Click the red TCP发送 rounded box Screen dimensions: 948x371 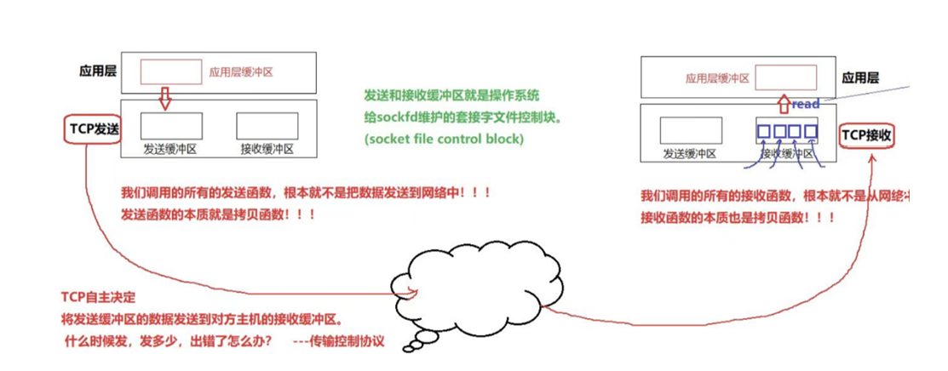click(x=92, y=129)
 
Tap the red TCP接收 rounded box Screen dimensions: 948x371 click(x=866, y=135)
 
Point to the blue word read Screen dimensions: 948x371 click(x=806, y=104)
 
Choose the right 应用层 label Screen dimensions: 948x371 click(x=860, y=77)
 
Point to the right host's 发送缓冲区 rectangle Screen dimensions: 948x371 click(x=691, y=130)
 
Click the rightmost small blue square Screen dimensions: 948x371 click(x=811, y=131)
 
